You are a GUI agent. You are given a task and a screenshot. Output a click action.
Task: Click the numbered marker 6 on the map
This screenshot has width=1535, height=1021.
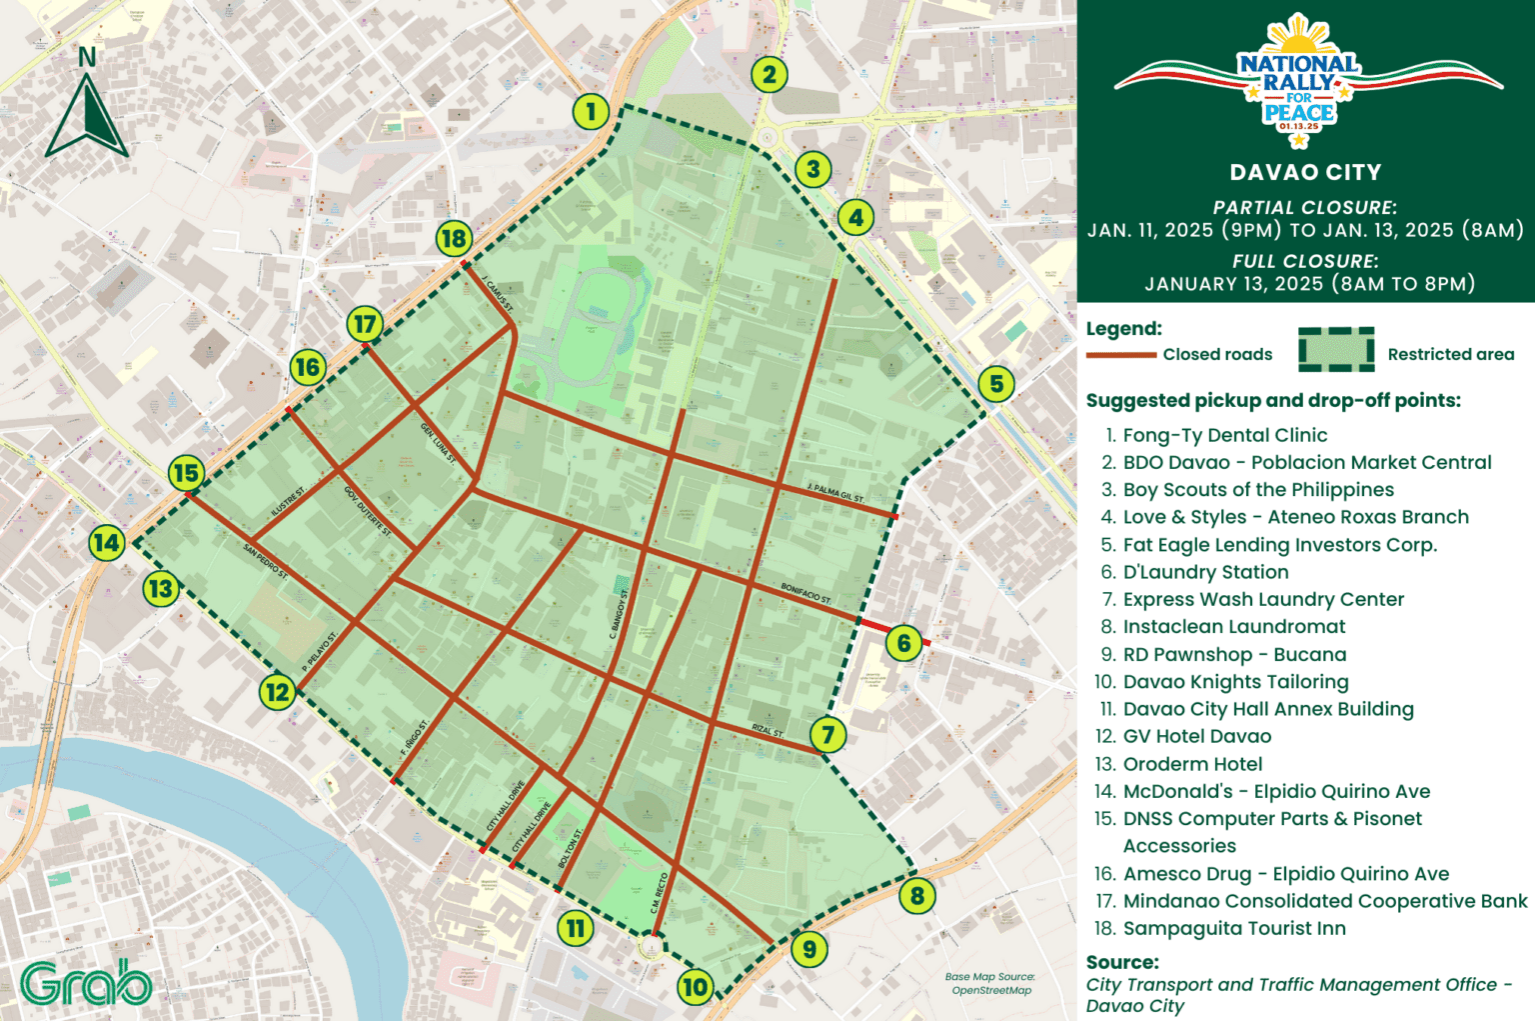[903, 642]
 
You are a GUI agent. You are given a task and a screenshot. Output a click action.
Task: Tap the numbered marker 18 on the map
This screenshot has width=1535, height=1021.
[454, 239]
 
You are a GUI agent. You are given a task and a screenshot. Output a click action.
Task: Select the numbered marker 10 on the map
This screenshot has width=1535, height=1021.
[695, 988]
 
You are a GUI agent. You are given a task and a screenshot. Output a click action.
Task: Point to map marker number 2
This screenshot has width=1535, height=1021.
[768, 74]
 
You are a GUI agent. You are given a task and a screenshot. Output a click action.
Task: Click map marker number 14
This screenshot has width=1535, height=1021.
[107, 543]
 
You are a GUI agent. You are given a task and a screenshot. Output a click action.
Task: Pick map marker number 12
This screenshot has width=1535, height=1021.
[277, 691]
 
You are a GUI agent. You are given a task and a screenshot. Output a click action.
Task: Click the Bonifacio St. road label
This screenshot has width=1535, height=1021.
[805, 593]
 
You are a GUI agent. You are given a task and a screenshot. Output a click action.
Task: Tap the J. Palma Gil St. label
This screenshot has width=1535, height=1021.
[834, 492]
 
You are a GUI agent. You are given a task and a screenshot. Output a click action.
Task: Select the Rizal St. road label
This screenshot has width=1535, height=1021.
[767, 731]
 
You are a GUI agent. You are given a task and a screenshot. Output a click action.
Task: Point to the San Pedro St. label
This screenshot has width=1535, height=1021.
[265, 562]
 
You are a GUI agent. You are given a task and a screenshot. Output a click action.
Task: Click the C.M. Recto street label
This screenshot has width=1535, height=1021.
[660, 892]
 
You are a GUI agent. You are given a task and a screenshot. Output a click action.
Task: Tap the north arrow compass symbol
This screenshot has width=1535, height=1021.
[88, 105]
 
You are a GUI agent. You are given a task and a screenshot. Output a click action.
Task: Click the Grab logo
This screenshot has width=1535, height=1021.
[86, 983]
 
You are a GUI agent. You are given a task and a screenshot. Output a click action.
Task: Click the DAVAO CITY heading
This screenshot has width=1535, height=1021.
[1305, 172]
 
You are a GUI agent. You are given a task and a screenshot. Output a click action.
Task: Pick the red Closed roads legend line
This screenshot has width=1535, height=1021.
[1120, 355]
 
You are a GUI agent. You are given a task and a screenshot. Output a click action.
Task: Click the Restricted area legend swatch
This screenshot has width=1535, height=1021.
[1336, 350]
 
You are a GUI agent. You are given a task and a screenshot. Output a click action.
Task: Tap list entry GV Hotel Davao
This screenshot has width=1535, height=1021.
[1196, 737]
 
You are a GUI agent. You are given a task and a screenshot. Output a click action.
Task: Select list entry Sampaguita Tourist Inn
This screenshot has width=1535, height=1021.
[1233, 929]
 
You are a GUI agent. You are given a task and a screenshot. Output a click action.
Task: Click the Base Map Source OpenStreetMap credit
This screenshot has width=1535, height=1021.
[990, 984]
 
